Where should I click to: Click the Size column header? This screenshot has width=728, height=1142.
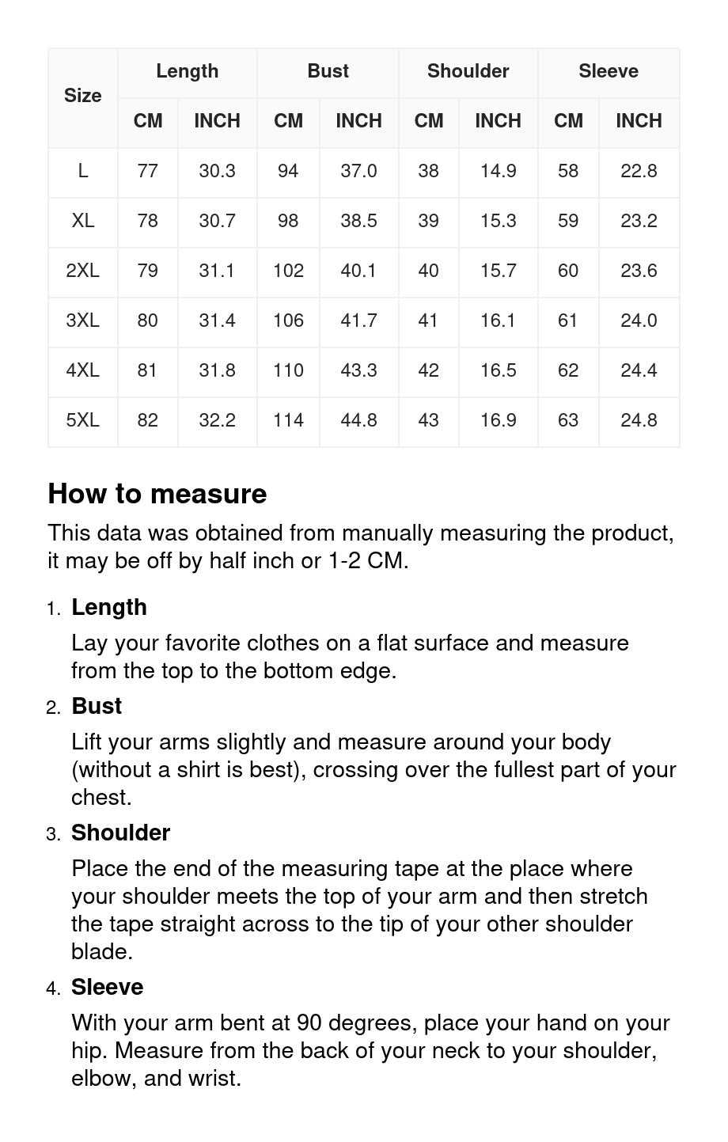coord(83,96)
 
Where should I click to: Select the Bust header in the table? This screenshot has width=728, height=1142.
coord(328,71)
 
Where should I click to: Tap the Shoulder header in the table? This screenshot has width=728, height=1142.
coord(468,71)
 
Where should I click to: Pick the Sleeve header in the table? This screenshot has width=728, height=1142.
coord(608,71)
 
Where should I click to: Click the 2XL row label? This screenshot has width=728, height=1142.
coord(83,271)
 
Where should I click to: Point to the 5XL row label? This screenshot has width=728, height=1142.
coord(83,420)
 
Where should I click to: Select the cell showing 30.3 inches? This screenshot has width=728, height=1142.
coord(217,171)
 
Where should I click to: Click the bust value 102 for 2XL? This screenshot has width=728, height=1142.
coord(288,271)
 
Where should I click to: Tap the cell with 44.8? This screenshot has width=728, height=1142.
coord(358,420)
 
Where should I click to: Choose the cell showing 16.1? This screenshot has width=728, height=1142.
coord(498,321)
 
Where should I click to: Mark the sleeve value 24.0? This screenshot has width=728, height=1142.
coord(639,321)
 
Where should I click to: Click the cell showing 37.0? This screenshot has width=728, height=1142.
coord(358,171)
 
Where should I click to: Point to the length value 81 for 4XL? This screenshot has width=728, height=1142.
coord(147,370)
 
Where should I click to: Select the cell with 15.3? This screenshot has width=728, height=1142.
coord(498,221)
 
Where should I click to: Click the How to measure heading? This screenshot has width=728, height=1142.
coord(157,494)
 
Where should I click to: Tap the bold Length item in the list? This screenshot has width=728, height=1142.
coord(109,607)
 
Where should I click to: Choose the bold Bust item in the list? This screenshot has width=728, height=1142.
coord(97,706)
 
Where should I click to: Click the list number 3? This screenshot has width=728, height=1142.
coord(53,834)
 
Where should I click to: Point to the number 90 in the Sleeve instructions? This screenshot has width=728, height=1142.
coord(309,1022)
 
